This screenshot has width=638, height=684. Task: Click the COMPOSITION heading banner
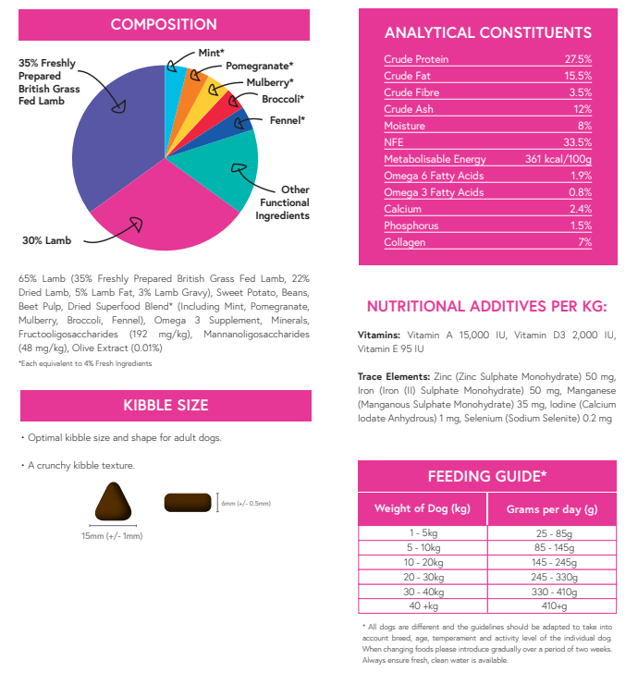164,25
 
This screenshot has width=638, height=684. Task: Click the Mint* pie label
212,53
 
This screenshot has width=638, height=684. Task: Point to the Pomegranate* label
260,66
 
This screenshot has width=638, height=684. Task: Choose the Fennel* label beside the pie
287,120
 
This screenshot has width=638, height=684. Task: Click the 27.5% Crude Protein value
578,59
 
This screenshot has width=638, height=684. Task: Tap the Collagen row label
405,242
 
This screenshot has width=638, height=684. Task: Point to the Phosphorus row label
411,226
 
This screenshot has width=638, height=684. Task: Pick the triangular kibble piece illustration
115,504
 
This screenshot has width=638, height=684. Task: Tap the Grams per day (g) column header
551,508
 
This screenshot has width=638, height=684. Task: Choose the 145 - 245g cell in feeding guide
551,562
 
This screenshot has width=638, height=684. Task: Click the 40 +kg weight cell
423,606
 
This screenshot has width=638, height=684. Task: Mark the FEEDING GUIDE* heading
487,477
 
